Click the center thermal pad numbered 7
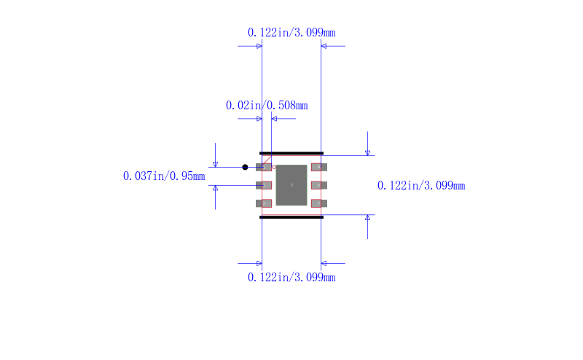click(x=291, y=185)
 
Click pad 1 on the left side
click(x=264, y=167)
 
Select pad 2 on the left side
click(x=264, y=185)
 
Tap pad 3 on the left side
click(x=264, y=203)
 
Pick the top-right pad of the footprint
click(x=318, y=167)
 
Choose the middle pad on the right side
click(x=318, y=185)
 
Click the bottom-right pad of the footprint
click(x=318, y=203)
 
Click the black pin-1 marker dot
click(x=245, y=167)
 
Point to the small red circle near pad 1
click(x=274, y=167)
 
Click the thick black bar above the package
click(x=291, y=153)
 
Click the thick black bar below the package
click(x=291, y=217)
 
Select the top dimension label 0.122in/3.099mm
click(x=291, y=32)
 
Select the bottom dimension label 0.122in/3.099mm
click(x=291, y=277)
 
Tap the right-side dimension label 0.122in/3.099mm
click(x=420, y=186)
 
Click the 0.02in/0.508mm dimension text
click(x=266, y=105)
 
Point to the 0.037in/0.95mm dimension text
click(x=164, y=176)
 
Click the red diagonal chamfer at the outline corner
click(x=267, y=160)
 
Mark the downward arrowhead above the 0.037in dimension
click(x=215, y=164)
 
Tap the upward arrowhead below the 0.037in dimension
click(x=215, y=188)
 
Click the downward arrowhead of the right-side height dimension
click(x=367, y=152)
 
